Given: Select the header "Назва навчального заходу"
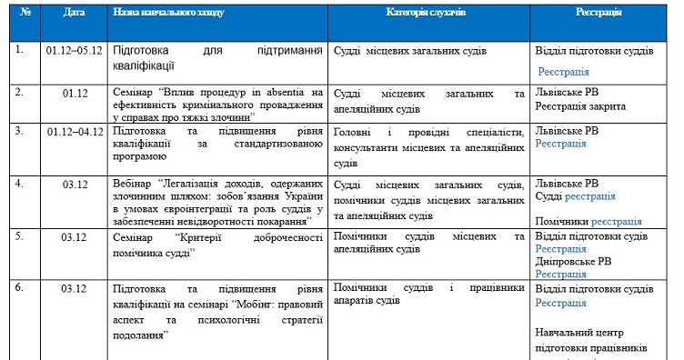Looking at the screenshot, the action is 169,15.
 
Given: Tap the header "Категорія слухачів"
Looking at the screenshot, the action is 428,15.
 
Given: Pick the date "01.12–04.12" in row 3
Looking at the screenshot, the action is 74,131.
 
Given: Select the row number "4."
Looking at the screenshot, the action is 19,184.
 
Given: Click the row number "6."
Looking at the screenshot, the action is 19,289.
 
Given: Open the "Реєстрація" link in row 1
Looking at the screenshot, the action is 562,72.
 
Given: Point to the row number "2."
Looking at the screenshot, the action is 19,93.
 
